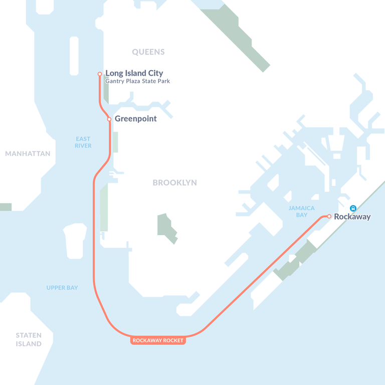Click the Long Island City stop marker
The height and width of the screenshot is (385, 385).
click(100, 74)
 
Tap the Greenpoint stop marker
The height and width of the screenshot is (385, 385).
click(109, 119)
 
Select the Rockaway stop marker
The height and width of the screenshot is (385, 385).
click(329, 217)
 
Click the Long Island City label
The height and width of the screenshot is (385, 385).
click(134, 73)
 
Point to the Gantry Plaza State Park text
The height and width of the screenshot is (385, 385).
click(137, 81)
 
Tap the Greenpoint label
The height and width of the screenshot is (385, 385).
click(135, 119)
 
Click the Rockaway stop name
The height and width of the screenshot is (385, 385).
click(352, 217)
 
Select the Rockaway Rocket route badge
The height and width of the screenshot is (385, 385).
click(158, 340)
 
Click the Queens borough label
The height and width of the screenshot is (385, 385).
click(148, 52)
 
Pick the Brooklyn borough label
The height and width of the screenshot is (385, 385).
click(174, 183)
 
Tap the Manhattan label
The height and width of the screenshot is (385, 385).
click(28, 153)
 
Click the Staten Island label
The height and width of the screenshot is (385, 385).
click(29, 339)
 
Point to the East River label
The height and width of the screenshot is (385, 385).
click(83, 142)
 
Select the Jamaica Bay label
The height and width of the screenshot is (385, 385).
click(302, 212)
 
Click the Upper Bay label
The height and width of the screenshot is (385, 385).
click(62, 288)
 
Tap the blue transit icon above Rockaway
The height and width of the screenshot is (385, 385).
click(353, 208)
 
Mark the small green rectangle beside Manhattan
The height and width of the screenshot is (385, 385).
click(6, 207)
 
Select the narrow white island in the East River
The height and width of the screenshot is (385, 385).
click(74, 56)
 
